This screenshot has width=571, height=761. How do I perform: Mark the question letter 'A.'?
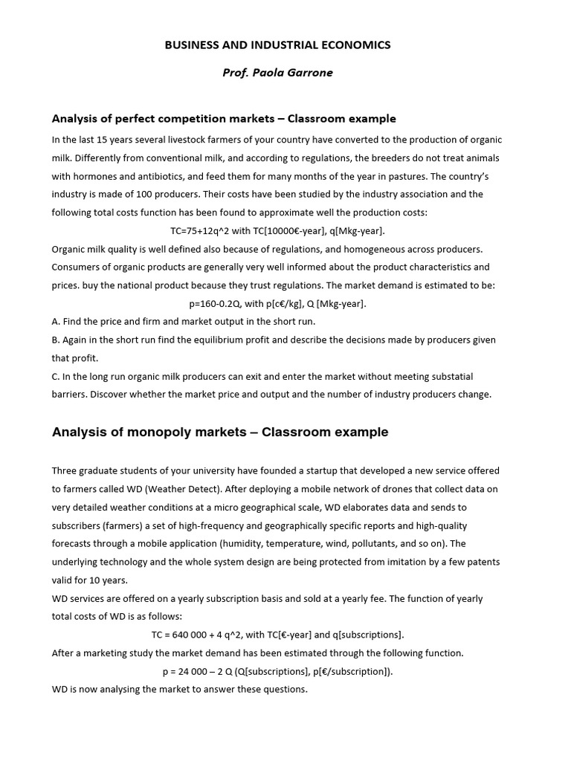coord(56,322)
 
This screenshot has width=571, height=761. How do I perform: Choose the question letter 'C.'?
coord(56,376)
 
